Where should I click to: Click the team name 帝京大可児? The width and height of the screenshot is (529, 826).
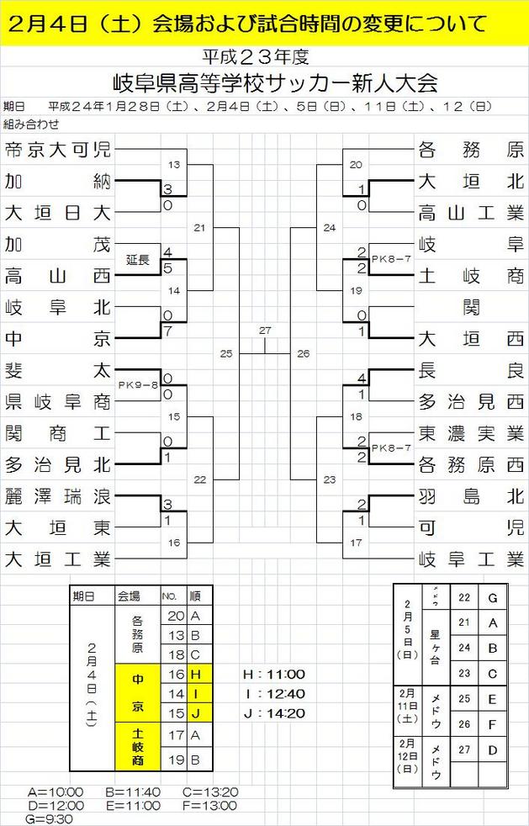point(57,151)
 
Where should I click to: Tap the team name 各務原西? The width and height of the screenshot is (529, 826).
point(470,464)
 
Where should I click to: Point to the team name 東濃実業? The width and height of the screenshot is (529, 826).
point(470,432)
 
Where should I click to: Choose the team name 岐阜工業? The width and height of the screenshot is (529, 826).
point(470,559)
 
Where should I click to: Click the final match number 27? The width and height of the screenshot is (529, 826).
point(265,331)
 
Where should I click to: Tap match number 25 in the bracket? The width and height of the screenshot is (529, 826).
point(225,353)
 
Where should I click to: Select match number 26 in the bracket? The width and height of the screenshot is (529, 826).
point(304,353)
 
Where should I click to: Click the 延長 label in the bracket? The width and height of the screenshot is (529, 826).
point(137,260)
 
